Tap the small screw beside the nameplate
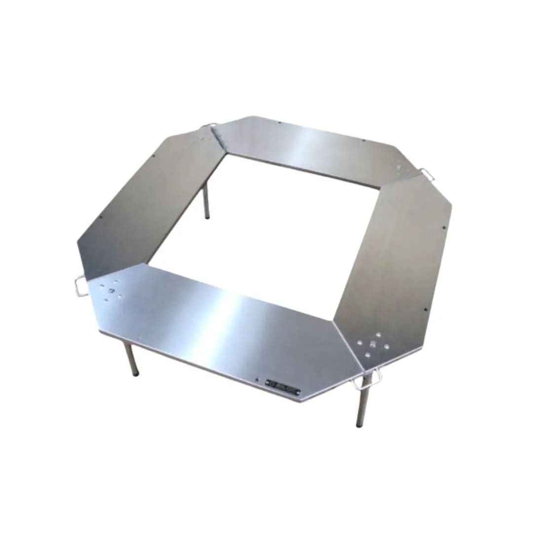[x=257, y=379]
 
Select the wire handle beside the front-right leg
[x=370, y=378]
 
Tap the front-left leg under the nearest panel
[x=131, y=358]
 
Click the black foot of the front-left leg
[x=135, y=374]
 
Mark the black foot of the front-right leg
[x=359, y=424]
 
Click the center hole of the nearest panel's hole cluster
[x=111, y=290]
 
